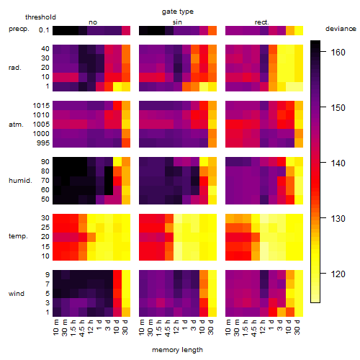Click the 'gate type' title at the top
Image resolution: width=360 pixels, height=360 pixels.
178,12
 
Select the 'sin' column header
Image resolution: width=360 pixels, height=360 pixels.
177,22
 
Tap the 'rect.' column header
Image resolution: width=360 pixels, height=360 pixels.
261,22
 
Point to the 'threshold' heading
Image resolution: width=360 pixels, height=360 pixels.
40,17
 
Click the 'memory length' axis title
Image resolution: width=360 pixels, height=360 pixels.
177,350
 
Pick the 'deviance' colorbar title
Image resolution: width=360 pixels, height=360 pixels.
341,29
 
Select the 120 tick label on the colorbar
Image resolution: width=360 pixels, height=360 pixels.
338,274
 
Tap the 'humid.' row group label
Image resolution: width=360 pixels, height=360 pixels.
20,181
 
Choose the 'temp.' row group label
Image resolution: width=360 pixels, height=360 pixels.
18,236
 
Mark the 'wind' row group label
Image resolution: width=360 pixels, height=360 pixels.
17,294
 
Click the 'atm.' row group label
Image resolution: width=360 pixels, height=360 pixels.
16,125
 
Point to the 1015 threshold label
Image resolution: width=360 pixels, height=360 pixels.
41,106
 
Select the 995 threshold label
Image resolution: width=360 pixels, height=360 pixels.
43,143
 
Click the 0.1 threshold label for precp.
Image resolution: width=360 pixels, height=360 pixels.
44,30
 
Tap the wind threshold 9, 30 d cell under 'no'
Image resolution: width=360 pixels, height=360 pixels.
126,274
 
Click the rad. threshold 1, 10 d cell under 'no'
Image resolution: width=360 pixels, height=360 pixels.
117,86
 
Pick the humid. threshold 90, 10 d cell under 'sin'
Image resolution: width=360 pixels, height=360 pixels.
204,162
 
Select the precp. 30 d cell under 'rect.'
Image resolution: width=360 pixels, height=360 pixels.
299,30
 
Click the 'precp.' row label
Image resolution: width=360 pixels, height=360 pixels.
19,29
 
